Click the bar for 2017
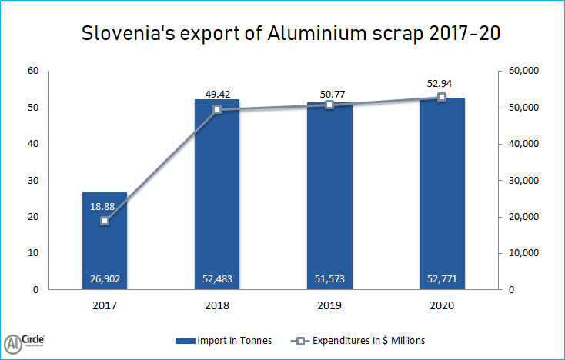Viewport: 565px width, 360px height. click(105, 246)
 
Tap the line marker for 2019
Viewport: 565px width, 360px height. click(329, 105)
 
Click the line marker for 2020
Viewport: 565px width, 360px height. click(442, 97)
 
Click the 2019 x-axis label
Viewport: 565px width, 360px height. click(329, 305)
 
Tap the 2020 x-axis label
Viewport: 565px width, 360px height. click(442, 305)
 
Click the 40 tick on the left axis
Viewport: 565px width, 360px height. click(34, 144)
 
